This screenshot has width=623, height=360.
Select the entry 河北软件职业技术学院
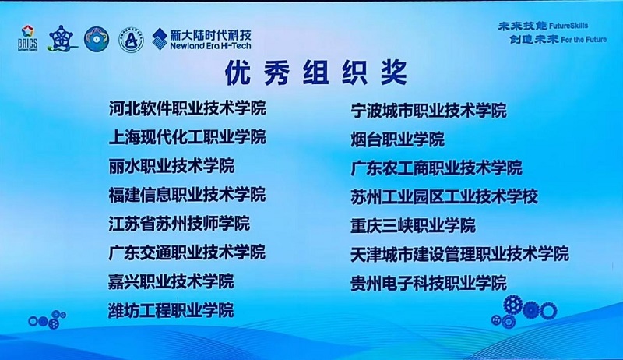click(x=187, y=108)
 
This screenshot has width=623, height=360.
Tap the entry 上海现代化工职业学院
click(x=187, y=136)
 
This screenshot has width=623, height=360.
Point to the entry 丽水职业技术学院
click(x=171, y=165)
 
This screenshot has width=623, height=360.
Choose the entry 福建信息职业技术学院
click(x=187, y=194)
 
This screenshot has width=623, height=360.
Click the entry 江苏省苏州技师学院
click(x=179, y=223)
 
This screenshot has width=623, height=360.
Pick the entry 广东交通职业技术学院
click(x=187, y=252)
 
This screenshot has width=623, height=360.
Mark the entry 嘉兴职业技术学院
click(x=171, y=281)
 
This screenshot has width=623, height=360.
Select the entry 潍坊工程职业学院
click(x=171, y=310)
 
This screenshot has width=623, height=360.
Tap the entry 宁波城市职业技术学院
click(x=428, y=111)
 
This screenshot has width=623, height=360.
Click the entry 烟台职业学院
click(x=397, y=139)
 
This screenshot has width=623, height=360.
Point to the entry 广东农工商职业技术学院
click(x=436, y=168)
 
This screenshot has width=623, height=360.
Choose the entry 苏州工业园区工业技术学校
click(x=444, y=196)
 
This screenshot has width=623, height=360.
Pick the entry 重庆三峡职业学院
click(x=413, y=225)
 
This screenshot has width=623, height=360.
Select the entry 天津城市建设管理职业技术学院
click(x=459, y=254)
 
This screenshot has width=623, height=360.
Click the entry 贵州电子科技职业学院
click(x=428, y=283)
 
